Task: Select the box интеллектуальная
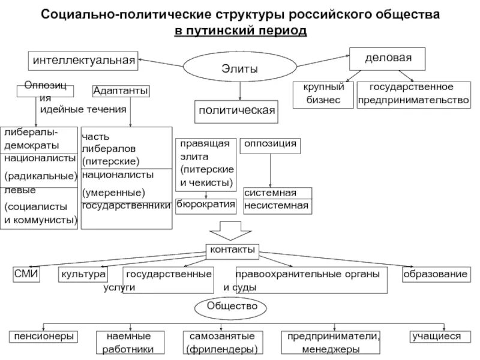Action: pos(83,59)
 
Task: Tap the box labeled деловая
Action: pos(388,59)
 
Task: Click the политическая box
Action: pos(237,110)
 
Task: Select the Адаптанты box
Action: pos(121,91)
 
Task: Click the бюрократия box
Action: pos(206,204)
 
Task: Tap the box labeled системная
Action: pos(278,193)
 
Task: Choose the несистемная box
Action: pos(278,206)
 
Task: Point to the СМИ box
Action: pos(26,274)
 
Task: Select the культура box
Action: pos(83,274)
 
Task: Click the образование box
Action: pos(435,274)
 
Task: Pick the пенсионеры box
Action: pos(44,336)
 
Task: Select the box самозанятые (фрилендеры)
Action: pos(222,342)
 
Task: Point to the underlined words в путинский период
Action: pos(240,30)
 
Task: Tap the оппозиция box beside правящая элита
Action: pos(269,145)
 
